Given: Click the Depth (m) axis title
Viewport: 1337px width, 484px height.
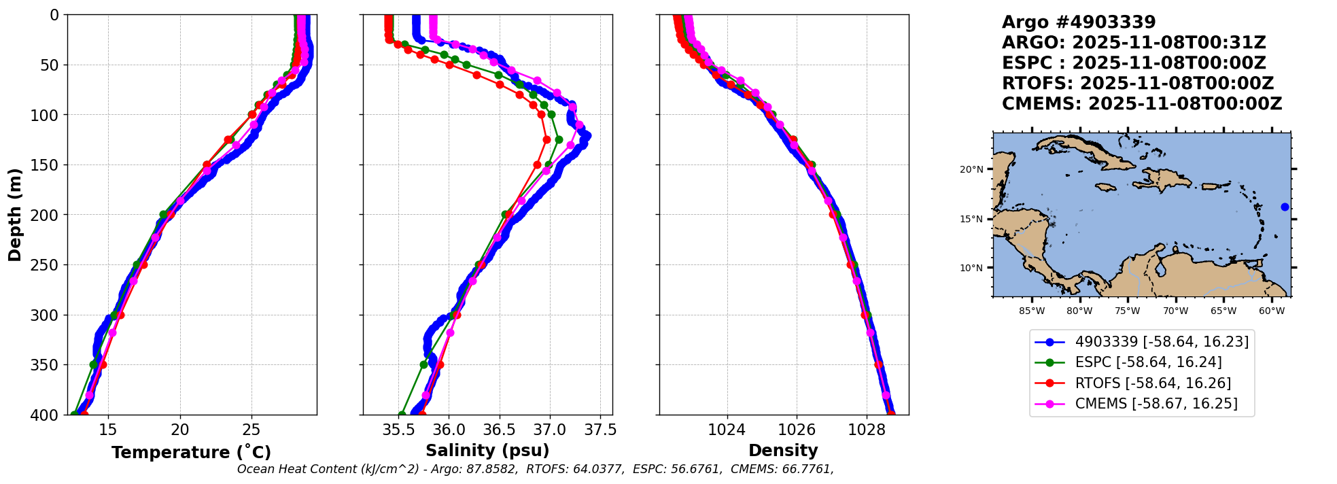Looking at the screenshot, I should point(14,215).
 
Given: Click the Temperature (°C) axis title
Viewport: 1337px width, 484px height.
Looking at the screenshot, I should point(191,452).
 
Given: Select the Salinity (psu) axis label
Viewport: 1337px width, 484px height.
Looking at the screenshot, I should point(487,451).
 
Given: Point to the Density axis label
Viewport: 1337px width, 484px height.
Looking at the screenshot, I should point(783,451).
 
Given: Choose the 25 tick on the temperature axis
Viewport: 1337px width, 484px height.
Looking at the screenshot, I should point(251,430).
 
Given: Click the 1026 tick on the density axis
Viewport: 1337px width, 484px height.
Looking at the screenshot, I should point(797,430).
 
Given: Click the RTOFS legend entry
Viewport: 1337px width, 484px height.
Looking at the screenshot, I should point(1153,383).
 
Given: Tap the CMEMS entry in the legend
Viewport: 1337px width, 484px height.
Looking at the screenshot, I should point(1156,404).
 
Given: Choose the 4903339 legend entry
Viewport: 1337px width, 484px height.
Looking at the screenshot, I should point(1162,342).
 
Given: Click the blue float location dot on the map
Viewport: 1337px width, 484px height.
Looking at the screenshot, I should point(1285,207).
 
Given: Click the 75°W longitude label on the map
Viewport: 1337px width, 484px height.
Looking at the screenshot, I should point(1128,311).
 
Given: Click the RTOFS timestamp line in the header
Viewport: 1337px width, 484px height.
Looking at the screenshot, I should point(1137,84).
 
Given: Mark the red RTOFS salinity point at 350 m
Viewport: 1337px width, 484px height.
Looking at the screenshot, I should point(440,365).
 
